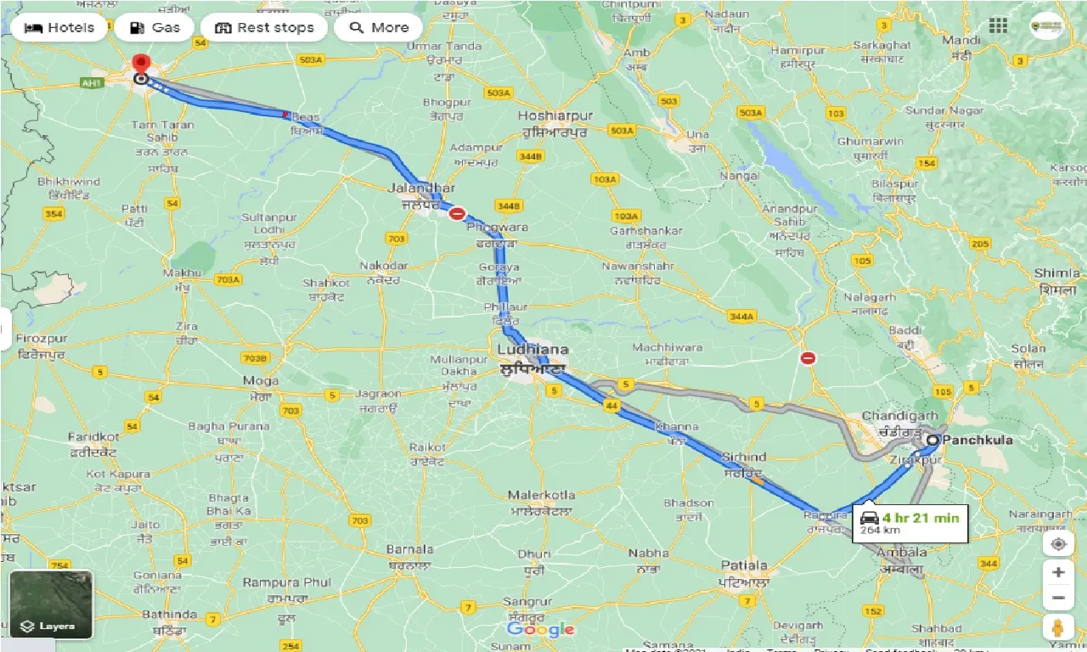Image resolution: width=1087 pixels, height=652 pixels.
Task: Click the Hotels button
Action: pyautogui.click(x=59, y=27)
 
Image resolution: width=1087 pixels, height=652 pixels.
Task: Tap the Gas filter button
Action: pyautogui.click(x=155, y=27)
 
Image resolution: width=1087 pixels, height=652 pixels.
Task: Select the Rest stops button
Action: pyautogui.click(x=264, y=27)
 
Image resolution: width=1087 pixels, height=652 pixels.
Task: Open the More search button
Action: pyautogui.click(x=379, y=27)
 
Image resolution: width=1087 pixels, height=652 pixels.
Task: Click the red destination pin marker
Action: pyautogui.click(x=141, y=65)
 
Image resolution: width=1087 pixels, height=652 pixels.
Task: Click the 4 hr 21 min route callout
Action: pyautogui.click(x=910, y=522)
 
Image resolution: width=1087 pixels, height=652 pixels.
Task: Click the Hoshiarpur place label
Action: pyautogui.click(x=557, y=115)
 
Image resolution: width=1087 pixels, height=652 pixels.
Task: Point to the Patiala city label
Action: pyautogui.click(x=744, y=565)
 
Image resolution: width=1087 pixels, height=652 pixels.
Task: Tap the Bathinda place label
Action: pyautogui.click(x=170, y=614)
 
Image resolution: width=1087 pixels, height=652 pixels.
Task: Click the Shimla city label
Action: pyautogui.click(x=1057, y=273)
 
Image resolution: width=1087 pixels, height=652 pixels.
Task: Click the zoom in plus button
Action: pyautogui.click(x=1057, y=572)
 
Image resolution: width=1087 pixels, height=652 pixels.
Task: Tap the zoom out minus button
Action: pyautogui.click(x=1057, y=599)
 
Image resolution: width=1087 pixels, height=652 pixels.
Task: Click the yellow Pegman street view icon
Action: pyautogui.click(x=1057, y=628)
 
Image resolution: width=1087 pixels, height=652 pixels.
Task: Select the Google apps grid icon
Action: pyautogui.click(x=998, y=25)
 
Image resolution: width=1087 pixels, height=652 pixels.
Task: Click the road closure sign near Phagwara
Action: pyautogui.click(x=457, y=214)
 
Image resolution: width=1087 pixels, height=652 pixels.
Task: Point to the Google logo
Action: pyautogui.click(x=540, y=629)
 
